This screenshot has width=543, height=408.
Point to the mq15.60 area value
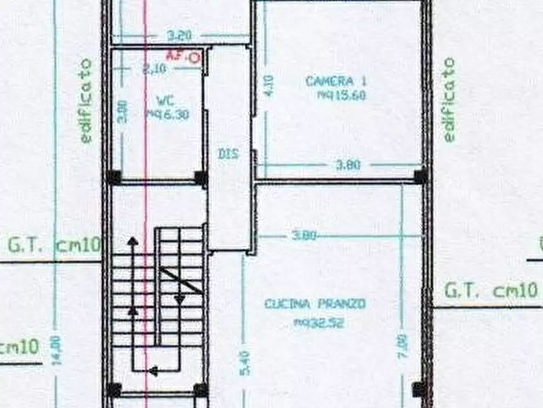tap(342, 95)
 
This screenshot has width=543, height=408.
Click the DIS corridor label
tap(227, 154)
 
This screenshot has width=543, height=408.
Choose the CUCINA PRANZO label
tap(315, 303)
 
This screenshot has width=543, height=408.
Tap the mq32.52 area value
tap(319, 323)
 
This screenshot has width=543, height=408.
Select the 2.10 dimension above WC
tap(153, 69)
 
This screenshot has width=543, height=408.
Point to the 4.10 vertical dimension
tap(269, 86)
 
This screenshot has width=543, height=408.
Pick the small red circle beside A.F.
tap(194, 58)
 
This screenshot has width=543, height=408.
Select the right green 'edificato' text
tap(449, 99)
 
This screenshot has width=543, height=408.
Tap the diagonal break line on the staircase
tap(181, 281)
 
